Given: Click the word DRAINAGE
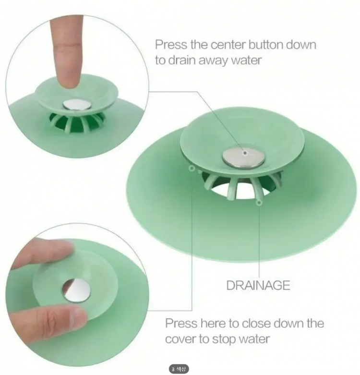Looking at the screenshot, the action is [258, 285].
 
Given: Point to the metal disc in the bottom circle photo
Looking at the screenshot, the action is [76, 290].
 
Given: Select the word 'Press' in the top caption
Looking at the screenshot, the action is [171, 45].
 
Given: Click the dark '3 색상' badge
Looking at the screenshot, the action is [179, 369].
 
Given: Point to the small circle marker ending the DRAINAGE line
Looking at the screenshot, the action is [259, 203].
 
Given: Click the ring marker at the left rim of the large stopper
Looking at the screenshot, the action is [191, 169].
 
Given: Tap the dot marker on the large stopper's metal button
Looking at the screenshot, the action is [245, 153].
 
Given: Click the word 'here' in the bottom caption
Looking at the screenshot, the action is [213, 323].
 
